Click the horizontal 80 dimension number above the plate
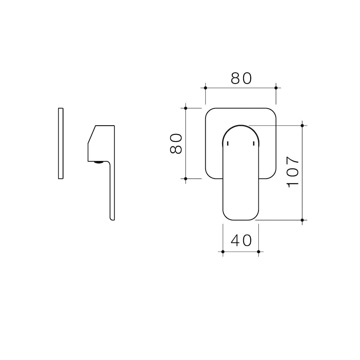point(240,78)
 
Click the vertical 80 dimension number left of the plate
point(176,143)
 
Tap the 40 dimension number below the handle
point(241,240)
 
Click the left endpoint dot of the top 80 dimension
point(205,88)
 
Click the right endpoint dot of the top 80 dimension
point(276,88)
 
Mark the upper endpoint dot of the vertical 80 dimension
point(185,108)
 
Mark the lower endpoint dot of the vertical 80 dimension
point(185,179)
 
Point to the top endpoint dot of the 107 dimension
point(302,125)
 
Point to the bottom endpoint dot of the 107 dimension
point(302,220)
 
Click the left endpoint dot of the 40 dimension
point(223,251)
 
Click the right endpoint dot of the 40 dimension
point(258,251)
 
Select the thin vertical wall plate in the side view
point(60,143)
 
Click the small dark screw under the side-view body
point(97,162)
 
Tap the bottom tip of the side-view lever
point(112,219)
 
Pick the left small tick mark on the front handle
point(228,144)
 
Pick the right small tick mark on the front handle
point(253,144)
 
